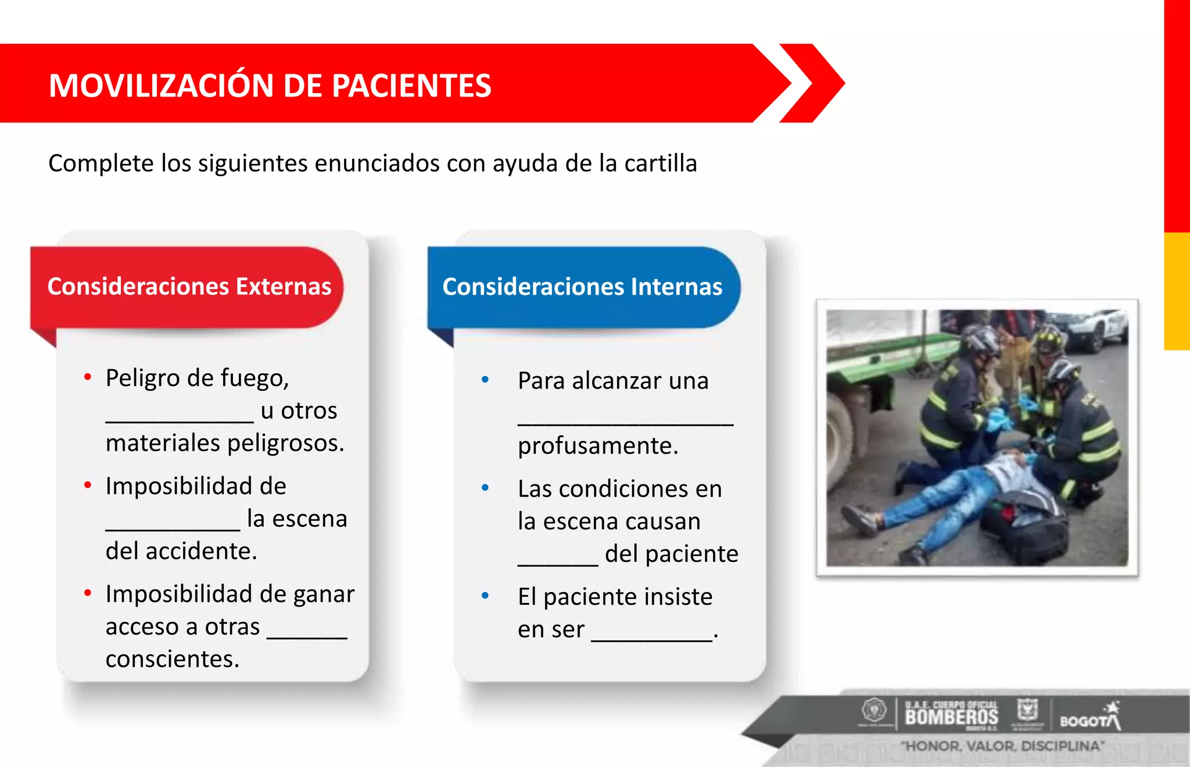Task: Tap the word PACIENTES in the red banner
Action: tap(411, 85)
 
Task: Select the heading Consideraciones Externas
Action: tap(189, 286)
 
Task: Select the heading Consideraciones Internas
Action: tap(582, 287)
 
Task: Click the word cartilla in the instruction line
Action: tap(660, 163)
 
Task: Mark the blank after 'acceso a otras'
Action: tap(307, 636)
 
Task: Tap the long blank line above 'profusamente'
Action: tap(625, 423)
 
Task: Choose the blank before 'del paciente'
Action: tap(558, 563)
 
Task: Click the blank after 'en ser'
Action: tap(652, 639)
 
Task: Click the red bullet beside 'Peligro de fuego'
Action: tap(88, 377)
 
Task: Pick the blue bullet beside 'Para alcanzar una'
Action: tap(485, 380)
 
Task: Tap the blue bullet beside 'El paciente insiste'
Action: tap(485, 596)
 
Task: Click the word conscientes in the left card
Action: tap(172, 659)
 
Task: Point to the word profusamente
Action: tap(598, 446)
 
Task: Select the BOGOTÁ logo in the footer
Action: tap(1090, 718)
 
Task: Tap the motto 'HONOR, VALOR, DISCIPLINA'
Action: tap(1002, 746)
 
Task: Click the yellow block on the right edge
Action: tap(1177, 291)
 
